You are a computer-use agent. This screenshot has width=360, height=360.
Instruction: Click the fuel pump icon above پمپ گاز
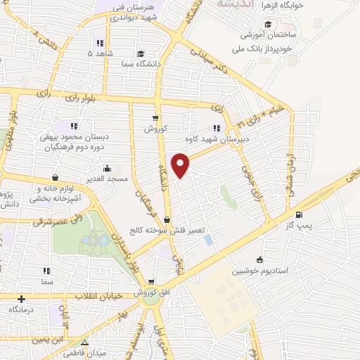pos(300,214)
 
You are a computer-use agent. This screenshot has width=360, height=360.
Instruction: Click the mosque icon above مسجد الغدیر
pos(107,168)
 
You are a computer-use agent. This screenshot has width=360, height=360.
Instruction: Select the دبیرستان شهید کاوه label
pos(217,139)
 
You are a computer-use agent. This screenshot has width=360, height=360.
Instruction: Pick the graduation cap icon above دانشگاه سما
pos(141,54)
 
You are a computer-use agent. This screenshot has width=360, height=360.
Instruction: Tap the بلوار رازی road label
pos(66,96)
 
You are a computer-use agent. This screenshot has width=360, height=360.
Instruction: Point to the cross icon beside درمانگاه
pos(22,299)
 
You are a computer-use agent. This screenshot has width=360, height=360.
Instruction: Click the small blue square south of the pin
pos(208,240)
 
